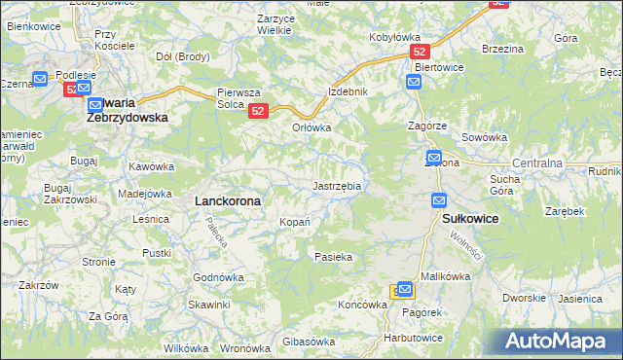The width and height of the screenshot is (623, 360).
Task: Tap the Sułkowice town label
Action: click(x=470, y=220)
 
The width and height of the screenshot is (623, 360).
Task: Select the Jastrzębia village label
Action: click(x=337, y=185)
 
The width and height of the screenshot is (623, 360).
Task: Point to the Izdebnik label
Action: click(x=348, y=91)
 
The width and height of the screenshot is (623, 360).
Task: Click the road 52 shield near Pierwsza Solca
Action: click(x=258, y=112)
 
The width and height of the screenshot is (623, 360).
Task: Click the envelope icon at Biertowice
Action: click(x=414, y=83)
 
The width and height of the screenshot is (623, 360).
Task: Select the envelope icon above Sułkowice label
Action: click(x=439, y=200)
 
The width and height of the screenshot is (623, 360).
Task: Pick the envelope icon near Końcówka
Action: click(x=404, y=290)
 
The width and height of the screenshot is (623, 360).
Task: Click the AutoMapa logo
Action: click(x=558, y=342)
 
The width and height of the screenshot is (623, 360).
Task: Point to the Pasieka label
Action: click(x=333, y=257)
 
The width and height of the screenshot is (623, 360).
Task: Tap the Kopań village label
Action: click(x=295, y=223)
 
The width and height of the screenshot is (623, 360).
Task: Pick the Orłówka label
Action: click(x=312, y=127)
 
